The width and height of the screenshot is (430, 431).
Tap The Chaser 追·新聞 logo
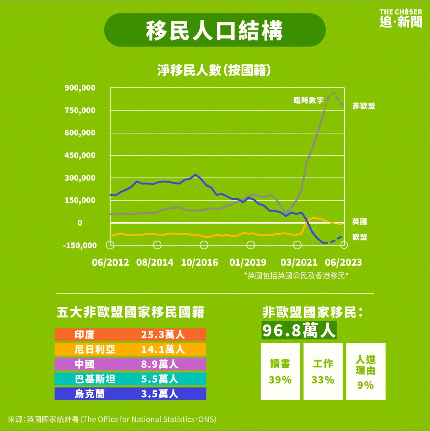[400, 18]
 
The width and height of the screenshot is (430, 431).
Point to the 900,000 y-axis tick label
[80, 88]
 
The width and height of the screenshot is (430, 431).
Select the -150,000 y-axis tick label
[80, 245]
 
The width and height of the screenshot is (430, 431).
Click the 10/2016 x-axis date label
[199, 262]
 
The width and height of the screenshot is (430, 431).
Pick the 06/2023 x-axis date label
[343, 262]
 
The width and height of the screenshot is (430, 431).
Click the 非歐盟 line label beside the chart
[363, 106]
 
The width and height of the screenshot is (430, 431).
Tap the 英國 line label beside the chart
[359, 222]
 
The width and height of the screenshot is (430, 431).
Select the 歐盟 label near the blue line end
[359, 237]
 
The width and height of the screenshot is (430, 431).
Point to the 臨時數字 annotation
[308, 100]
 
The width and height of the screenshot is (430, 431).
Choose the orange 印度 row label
[84, 335]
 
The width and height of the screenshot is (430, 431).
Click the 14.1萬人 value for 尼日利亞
[163, 350]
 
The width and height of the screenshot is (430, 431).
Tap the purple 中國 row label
[84, 364]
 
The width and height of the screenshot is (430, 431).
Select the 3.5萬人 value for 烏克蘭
[159, 394]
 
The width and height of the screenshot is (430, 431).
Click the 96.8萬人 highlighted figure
[299, 331]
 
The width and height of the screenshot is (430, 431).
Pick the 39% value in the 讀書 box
[280, 380]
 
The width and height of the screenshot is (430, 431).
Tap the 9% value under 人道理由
[365, 385]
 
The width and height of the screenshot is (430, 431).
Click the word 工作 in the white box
[323, 364]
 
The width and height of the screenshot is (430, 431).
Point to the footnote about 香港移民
[296, 276]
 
